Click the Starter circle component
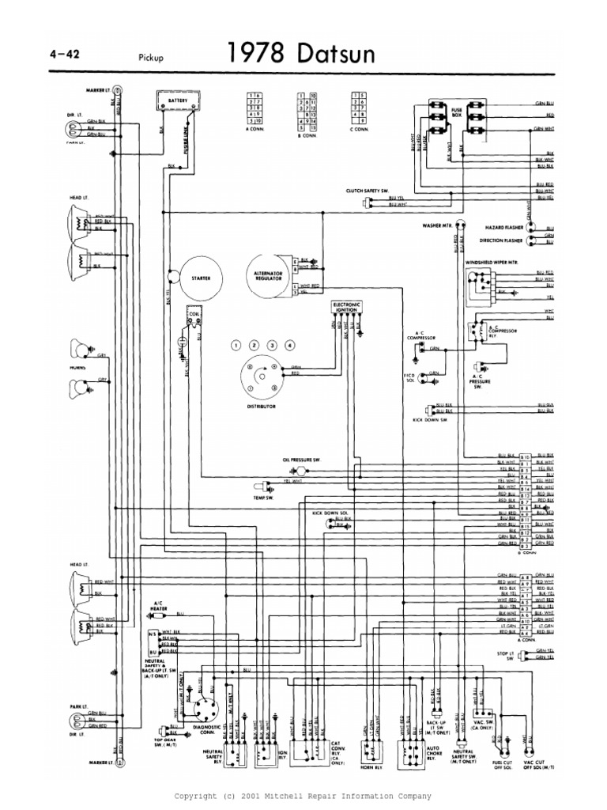click(x=199, y=278)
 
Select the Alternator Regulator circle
click(x=268, y=278)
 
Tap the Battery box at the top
click(x=178, y=102)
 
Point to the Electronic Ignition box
click(x=346, y=307)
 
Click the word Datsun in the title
click(x=329, y=54)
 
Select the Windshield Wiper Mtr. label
click(x=496, y=260)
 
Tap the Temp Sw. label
click(x=262, y=498)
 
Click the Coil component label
click(x=193, y=312)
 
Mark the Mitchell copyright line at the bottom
click(x=303, y=795)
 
